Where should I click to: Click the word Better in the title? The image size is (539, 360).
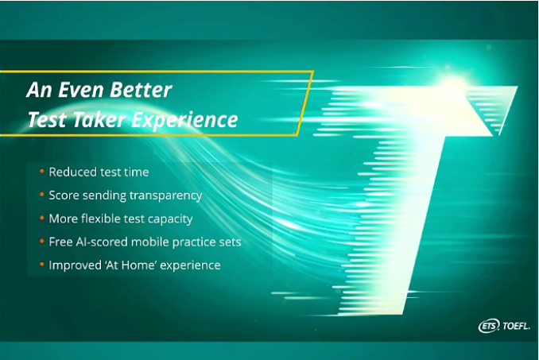click(141, 90)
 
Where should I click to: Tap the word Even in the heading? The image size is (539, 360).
click(81, 90)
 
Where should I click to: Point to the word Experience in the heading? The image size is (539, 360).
click(184, 121)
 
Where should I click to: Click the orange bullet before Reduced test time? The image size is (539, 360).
click(42, 171)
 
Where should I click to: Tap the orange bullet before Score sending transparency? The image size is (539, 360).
click(42, 195)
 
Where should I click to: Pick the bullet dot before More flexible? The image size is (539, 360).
click(42, 218)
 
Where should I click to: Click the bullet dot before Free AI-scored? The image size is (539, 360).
click(42, 241)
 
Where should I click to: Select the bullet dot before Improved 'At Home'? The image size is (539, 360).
click(42, 265)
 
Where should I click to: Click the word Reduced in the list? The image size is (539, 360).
click(68, 172)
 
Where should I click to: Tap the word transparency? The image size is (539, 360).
click(165, 195)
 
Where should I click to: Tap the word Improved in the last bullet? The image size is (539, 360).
click(75, 266)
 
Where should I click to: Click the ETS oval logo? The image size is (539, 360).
click(489, 325)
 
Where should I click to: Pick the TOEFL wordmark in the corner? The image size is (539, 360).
click(516, 326)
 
